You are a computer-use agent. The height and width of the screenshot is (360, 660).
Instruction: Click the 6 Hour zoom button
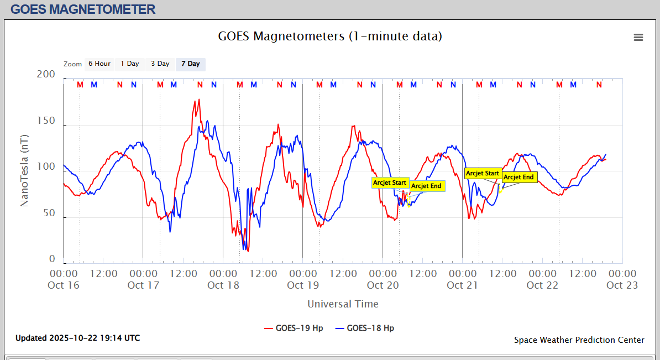click(99, 64)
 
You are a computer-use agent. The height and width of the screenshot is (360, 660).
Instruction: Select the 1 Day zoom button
click(130, 64)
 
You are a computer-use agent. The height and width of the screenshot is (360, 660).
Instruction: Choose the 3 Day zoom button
click(160, 64)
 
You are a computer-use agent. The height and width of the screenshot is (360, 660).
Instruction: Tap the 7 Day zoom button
click(191, 64)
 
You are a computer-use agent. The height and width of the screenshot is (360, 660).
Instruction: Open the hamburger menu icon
click(638, 38)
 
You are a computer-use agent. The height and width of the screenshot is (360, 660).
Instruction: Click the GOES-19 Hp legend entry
click(294, 328)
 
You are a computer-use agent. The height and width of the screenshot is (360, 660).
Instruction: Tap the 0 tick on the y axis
click(52, 259)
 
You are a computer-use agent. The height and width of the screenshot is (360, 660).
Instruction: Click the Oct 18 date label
click(223, 285)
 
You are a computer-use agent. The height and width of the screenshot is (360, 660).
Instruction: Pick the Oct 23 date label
click(622, 285)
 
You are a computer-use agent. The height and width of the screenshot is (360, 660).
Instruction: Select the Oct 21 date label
click(462, 285)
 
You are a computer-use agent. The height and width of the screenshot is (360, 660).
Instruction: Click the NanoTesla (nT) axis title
click(24, 170)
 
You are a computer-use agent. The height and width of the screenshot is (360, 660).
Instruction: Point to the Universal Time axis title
click(343, 304)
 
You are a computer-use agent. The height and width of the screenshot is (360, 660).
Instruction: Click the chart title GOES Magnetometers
click(330, 36)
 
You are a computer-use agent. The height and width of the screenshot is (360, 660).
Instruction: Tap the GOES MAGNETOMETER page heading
click(83, 9)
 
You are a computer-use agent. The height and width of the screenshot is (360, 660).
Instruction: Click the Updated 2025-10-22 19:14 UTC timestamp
click(77, 338)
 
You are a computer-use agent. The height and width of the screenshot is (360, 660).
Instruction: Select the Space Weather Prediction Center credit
click(579, 340)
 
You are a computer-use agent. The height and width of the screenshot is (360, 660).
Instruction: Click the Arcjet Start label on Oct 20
click(390, 183)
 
